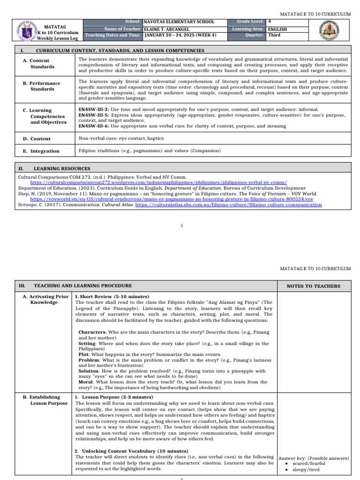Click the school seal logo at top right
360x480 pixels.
point(337,30)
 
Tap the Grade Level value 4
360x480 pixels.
point(269,22)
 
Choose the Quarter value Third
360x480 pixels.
point(274,35)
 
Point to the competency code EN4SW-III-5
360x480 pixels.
point(93,115)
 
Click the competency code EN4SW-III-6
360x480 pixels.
point(93,126)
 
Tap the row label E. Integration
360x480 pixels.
point(41,151)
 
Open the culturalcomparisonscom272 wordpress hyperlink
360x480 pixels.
point(158,182)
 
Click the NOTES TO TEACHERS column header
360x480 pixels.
point(314,286)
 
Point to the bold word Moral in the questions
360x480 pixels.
point(87,382)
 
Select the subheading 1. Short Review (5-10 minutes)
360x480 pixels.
point(112,297)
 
